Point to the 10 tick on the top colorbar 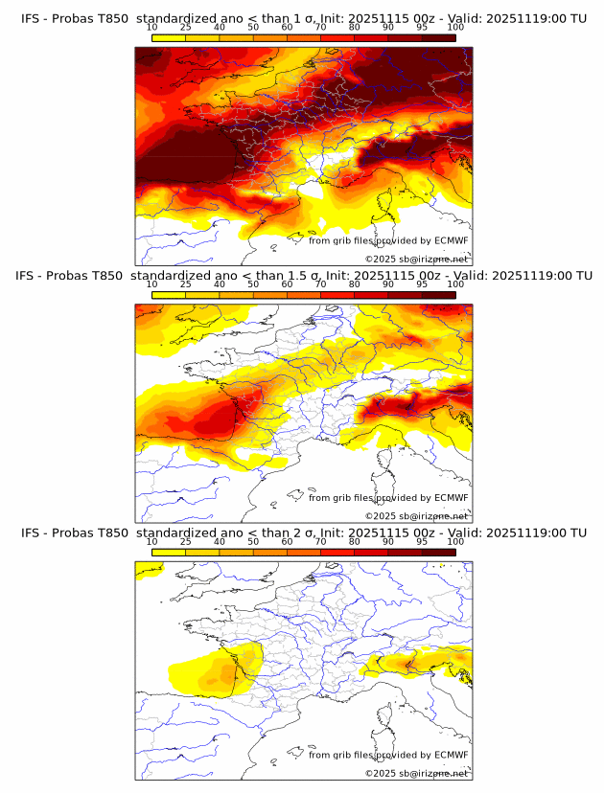click(152, 28)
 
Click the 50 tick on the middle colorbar click(253, 284)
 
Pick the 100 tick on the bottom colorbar click(455, 542)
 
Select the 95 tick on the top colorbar click(422, 28)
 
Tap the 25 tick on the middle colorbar click(186, 284)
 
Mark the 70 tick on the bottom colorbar click(320, 542)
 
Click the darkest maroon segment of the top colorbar click(439, 37)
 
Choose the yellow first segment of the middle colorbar click(169, 294)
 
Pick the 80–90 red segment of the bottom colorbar click(371, 552)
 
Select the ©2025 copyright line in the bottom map click(416, 773)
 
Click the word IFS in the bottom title click(32, 532)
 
